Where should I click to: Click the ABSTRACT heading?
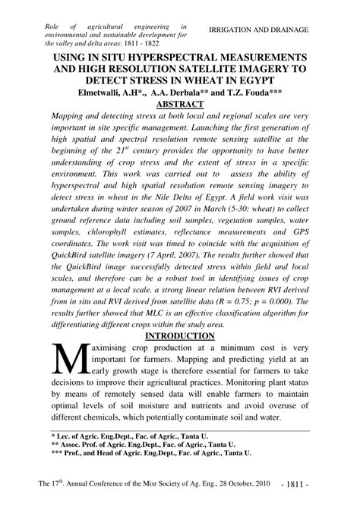click(x=180, y=104)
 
